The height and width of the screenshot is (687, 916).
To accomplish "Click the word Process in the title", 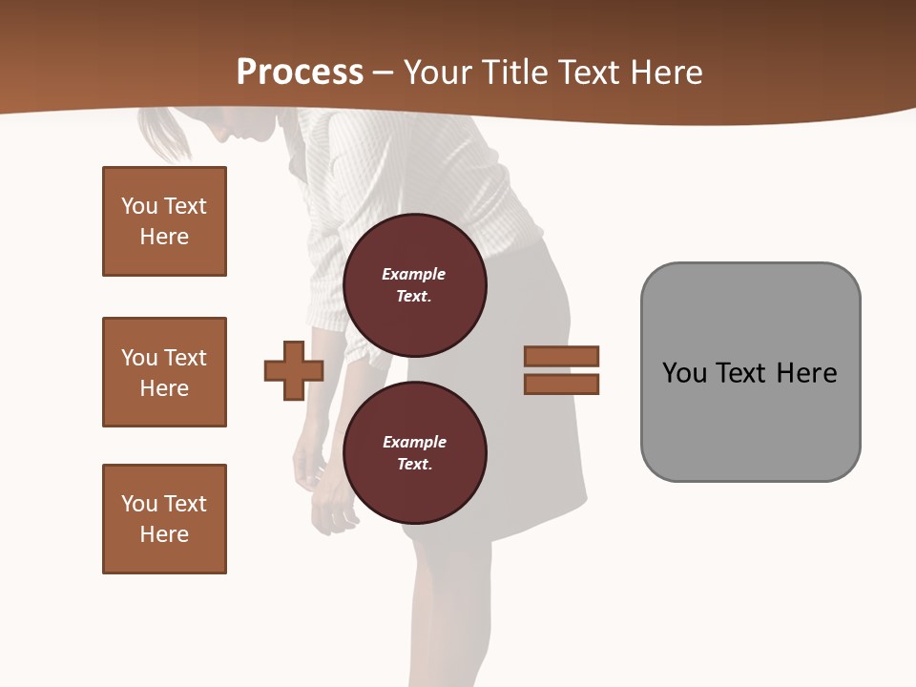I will [x=300, y=73].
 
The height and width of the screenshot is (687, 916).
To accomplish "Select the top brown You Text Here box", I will [x=164, y=221].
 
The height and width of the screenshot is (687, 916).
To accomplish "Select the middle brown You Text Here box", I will [x=164, y=372].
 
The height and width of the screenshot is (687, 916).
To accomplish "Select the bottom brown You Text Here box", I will [x=164, y=519].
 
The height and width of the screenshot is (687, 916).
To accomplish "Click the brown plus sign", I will [x=294, y=370].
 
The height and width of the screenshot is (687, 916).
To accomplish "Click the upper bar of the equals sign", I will [x=561, y=356].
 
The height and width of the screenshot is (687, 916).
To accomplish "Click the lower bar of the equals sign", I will [x=561, y=385].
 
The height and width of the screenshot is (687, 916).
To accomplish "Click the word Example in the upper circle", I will [x=413, y=274].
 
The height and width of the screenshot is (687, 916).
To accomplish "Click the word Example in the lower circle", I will [x=414, y=442].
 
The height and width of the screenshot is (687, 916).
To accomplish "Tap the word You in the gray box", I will [x=684, y=373].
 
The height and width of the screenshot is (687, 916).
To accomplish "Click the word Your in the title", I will [x=438, y=73].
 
